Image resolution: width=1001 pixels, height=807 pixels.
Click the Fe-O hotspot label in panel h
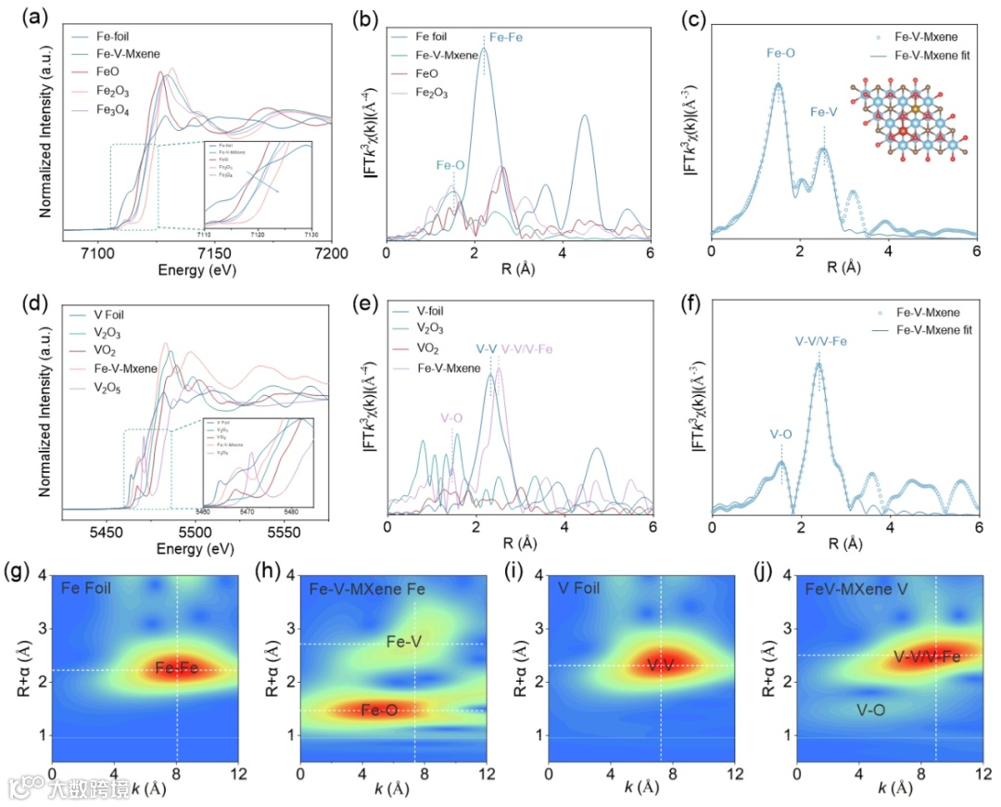click(x=379, y=711)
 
